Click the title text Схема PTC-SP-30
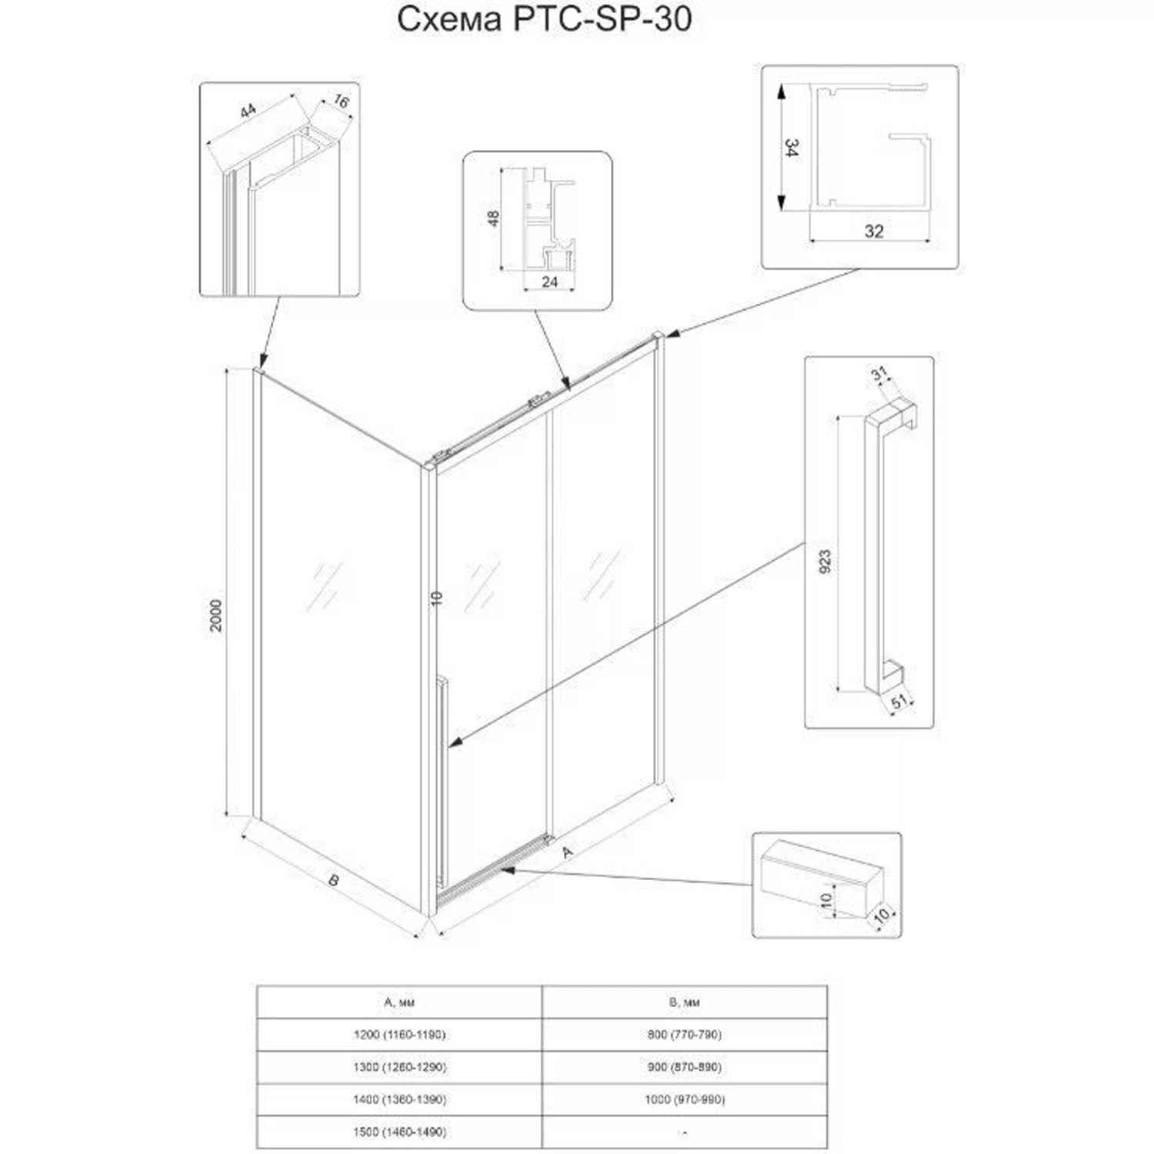pos(545,20)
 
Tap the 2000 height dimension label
pos(216,615)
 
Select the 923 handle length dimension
pos(825,562)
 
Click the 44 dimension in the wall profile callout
pos(247,112)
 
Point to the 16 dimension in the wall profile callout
pos(341,102)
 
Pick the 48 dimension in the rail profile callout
pos(494,218)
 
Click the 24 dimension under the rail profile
pos(549,282)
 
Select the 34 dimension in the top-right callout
pos(791,148)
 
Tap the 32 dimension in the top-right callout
pos(874,231)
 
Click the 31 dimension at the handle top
pos(879,374)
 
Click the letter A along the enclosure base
pos(568,852)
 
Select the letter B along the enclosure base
pos(333,880)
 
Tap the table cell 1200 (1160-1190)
pos(399,1035)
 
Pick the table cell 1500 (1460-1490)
pos(399,1132)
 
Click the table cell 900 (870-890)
pos(685,1067)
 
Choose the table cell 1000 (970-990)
pos(685,1099)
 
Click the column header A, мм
pos(399,1002)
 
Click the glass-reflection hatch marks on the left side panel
pos(324,586)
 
